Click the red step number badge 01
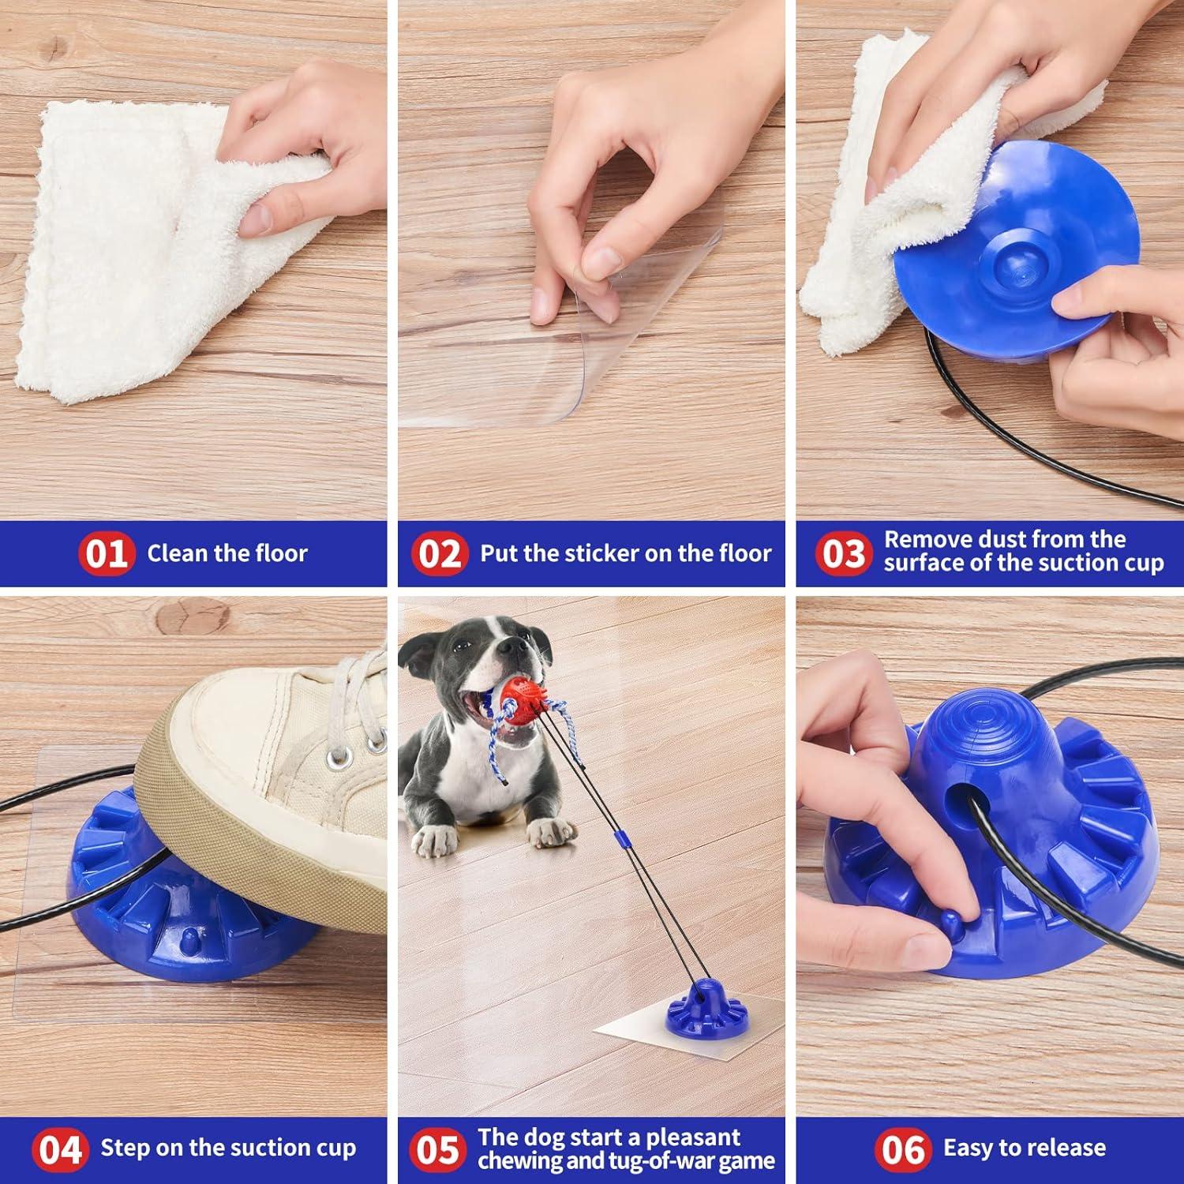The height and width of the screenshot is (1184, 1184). [106, 553]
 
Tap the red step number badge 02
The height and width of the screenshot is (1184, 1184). [439, 553]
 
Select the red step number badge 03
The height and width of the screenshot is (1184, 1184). [843, 553]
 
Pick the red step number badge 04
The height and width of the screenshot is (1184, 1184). [60, 1148]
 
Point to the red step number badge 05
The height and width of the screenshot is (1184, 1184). [437, 1148]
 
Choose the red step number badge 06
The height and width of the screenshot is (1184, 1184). [903, 1148]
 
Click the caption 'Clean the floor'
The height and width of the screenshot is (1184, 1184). [227, 553]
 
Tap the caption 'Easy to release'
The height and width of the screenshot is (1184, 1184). [1025, 1148]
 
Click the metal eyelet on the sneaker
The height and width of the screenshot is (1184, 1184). [342, 759]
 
